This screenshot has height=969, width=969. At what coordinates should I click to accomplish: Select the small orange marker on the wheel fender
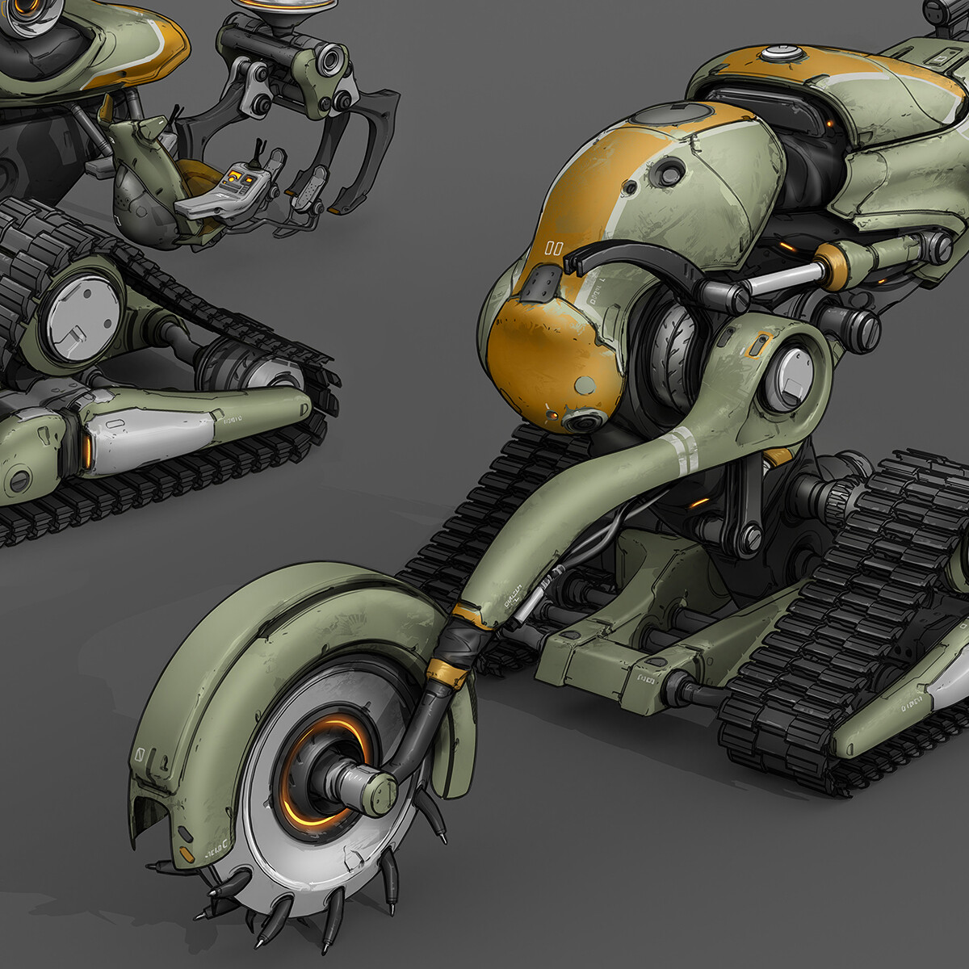(x=187, y=854)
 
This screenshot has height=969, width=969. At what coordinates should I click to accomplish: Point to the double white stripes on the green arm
(x=685, y=450)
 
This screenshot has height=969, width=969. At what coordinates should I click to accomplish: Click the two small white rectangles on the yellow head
(x=554, y=248)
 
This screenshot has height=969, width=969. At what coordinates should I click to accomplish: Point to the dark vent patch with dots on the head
(x=540, y=283)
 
